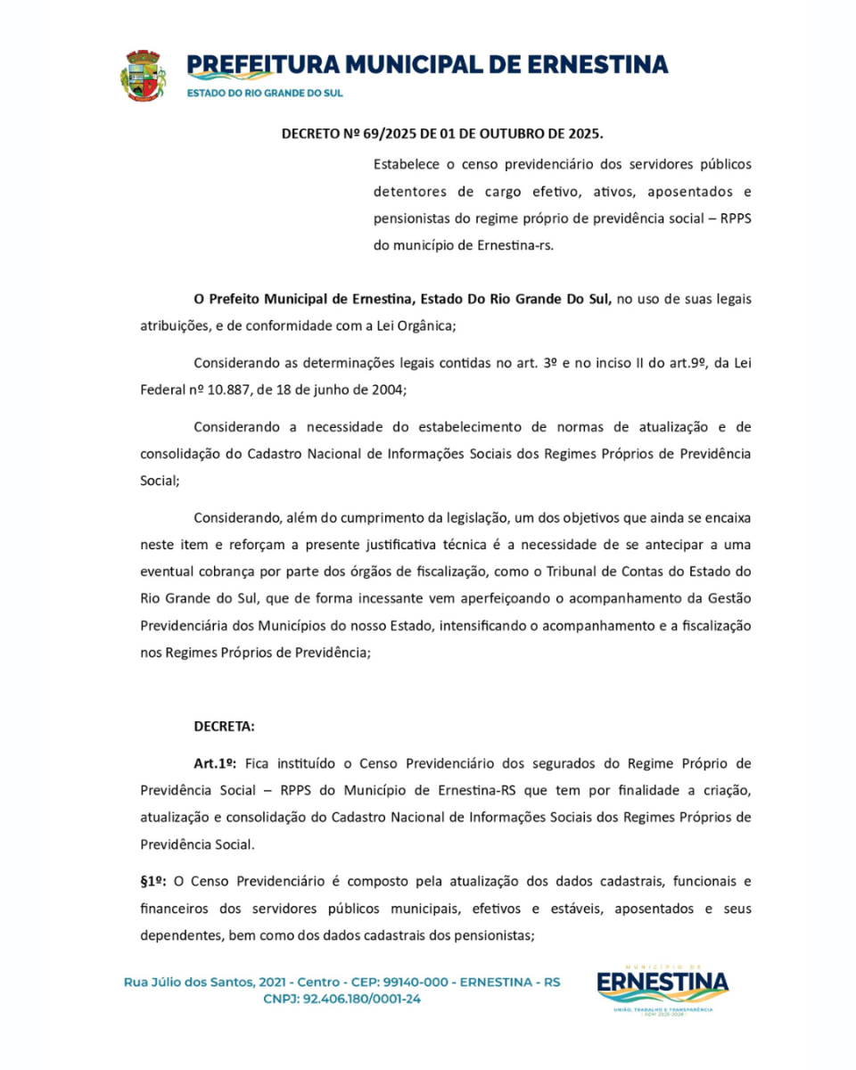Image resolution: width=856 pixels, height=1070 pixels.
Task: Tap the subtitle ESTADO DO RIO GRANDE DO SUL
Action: (264, 93)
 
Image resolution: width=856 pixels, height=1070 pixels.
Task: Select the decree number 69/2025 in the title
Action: (390, 135)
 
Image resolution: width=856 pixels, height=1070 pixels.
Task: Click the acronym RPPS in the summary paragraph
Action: (732, 218)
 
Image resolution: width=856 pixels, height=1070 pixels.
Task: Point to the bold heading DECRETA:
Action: (224, 726)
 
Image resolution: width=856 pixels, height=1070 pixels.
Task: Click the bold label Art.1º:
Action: (214, 764)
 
